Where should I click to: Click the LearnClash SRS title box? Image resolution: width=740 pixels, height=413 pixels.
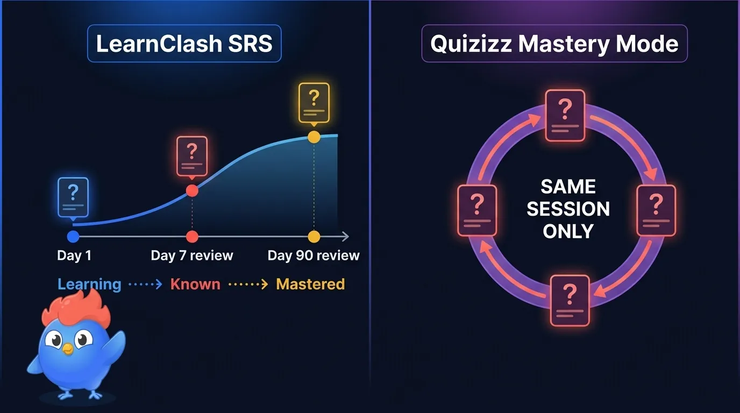point(184,43)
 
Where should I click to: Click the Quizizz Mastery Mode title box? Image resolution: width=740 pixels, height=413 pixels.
point(554,43)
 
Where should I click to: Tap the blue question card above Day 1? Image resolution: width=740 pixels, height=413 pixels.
point(73,197)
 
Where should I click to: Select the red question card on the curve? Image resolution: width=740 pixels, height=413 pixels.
point(192,156)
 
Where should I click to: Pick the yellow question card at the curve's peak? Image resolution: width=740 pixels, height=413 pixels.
point(314,103)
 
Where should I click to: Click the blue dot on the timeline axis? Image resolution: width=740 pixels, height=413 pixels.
point(73,237)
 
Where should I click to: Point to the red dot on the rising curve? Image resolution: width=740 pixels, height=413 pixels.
point(192,190)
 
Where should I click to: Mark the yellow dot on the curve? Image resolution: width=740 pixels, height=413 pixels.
point(314,137)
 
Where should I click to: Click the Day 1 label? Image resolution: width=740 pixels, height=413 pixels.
point(74,255)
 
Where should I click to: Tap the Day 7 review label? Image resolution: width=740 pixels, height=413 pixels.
point(192,255)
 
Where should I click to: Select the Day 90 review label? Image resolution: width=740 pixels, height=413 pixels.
point(314,255)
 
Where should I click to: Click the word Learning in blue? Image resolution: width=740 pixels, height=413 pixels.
point(89,284)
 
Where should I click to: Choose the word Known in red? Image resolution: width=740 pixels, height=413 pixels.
point(195,284)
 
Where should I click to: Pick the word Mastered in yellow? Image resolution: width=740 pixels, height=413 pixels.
point(310,284)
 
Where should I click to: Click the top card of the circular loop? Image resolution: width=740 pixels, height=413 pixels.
point(565,116)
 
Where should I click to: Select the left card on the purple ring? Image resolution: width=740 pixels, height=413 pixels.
point(476,210)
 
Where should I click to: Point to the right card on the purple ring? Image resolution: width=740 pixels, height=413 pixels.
point(656,210)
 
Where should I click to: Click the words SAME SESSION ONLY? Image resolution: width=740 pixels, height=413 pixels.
point(568,209)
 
